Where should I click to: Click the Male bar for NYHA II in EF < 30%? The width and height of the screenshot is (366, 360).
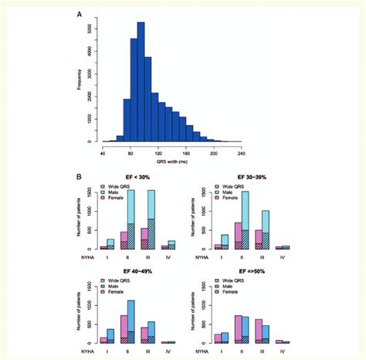point(131,220)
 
